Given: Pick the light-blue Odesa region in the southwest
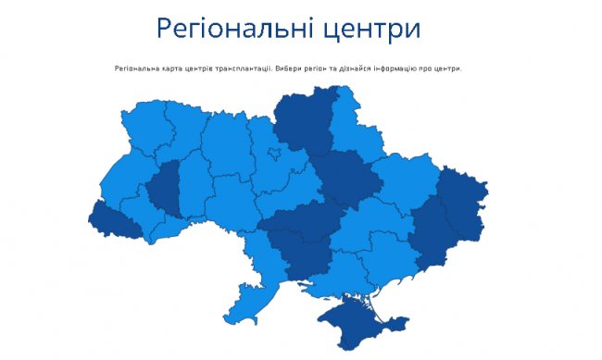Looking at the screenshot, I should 248,278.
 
